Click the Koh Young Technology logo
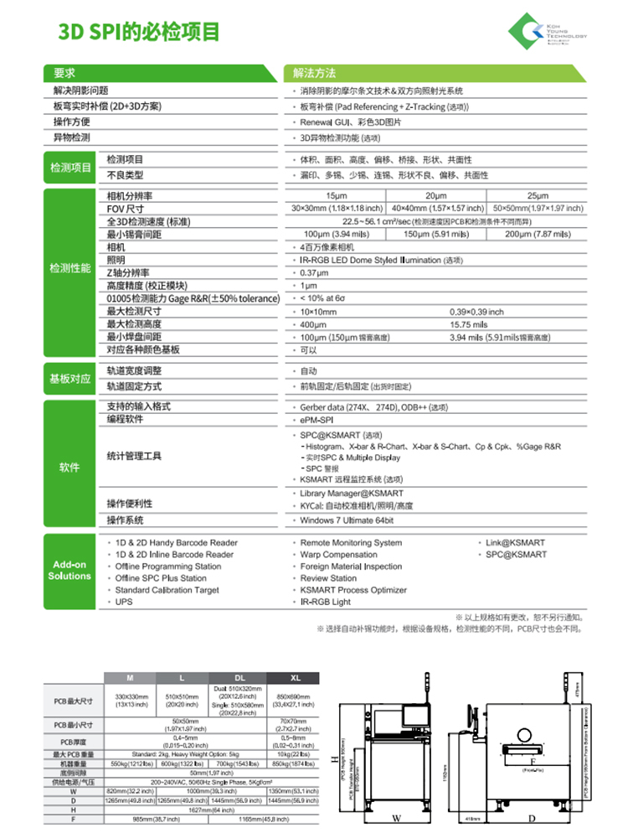[x=548, y=32]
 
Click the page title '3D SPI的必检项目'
[x=139, y=33]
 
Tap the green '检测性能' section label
[x=69, y=268]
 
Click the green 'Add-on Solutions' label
[x=69, y=571]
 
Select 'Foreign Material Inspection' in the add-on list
[x=351, y=566]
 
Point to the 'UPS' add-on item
[x=124, y=602]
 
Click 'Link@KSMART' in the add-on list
[x=516, y=543]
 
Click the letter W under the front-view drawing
[x=396, y=818]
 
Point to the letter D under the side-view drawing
[x=531, y=818]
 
